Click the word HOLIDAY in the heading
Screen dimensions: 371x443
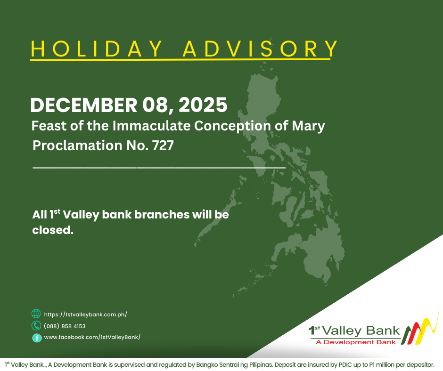[x=97, y=49]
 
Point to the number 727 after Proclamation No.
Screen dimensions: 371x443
[x=163, y=145]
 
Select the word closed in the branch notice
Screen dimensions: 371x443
[x=52, y=231]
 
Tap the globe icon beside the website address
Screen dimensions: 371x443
[x=36, y=314]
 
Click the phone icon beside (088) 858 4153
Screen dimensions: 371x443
[x=36, y=326]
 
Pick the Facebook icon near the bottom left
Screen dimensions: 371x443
[x=36, y=338]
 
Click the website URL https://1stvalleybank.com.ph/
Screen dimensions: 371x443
[x=85, y=315]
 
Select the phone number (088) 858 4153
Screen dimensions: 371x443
[x=65, y=326]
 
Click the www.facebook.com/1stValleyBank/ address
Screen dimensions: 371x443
[x=92, y=337]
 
